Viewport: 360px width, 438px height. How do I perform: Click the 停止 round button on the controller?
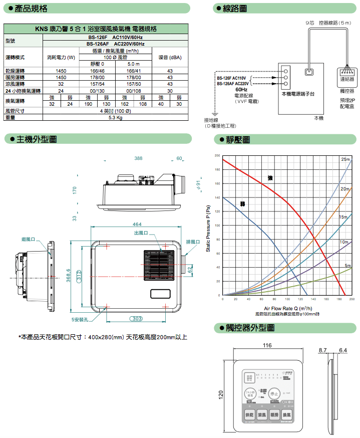274,393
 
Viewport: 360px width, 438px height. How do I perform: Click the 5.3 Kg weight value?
115,118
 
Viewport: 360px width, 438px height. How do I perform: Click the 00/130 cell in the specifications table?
97,91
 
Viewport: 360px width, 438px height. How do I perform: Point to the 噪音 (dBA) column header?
170,58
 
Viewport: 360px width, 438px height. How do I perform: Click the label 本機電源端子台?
298,94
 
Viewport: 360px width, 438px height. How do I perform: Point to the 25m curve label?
345,160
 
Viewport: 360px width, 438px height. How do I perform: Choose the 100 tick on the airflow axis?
287,299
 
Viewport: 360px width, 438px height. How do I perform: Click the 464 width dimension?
137,224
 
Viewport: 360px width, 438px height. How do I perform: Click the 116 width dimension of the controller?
267,346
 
